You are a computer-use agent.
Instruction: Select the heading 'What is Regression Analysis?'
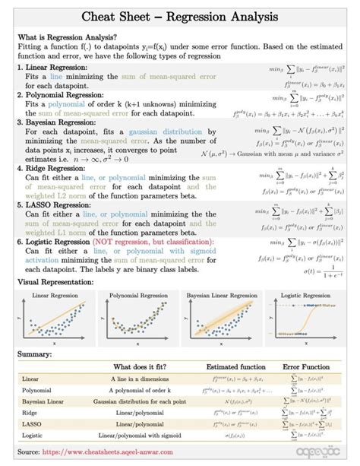pyautogui.click(x=67, y=37)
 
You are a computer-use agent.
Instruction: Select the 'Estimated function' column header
pyautogui.click(x=236, y=366)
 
